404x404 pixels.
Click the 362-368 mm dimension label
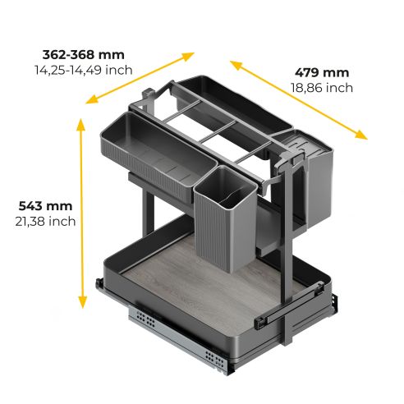tap(84, 55)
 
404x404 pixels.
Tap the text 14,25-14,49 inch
tap(83, 71)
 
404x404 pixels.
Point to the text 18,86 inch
tap(322, 88)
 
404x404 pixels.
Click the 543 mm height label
tap(44, 205)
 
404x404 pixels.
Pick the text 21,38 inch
tap(44, 221)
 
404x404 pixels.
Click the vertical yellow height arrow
tap(81, 214)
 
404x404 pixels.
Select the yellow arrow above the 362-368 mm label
tap(140, 78)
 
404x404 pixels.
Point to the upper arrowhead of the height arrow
tap(81, 123)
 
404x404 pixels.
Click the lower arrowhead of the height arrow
tap(81, 305)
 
